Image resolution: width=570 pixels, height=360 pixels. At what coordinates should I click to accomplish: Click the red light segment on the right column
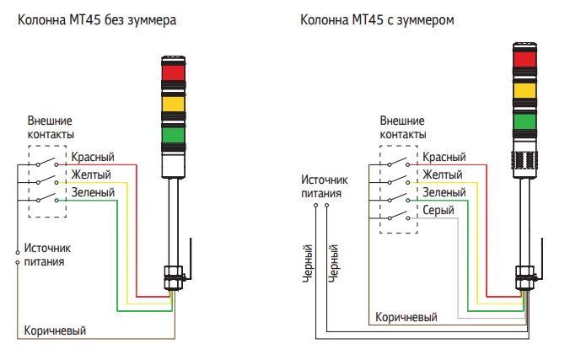pos(524,59)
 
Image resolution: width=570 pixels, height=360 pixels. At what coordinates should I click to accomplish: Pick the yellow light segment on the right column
pos(524,89)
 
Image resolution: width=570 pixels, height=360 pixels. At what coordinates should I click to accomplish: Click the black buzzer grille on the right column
pos(524,160)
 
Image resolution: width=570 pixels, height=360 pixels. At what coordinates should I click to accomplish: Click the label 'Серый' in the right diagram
pos(438,211)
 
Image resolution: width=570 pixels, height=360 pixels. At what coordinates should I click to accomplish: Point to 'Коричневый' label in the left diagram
pos(55,329)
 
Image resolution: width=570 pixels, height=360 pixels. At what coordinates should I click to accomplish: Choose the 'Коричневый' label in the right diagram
pos(406,317)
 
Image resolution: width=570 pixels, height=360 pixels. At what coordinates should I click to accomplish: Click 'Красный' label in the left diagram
pos(93,158)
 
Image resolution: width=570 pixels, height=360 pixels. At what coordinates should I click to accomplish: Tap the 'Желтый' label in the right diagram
pos(442,175)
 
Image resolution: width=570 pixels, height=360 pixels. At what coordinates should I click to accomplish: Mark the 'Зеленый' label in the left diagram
pos(93,193)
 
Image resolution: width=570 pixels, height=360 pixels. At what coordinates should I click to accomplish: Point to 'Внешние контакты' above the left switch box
pos(51,127)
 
